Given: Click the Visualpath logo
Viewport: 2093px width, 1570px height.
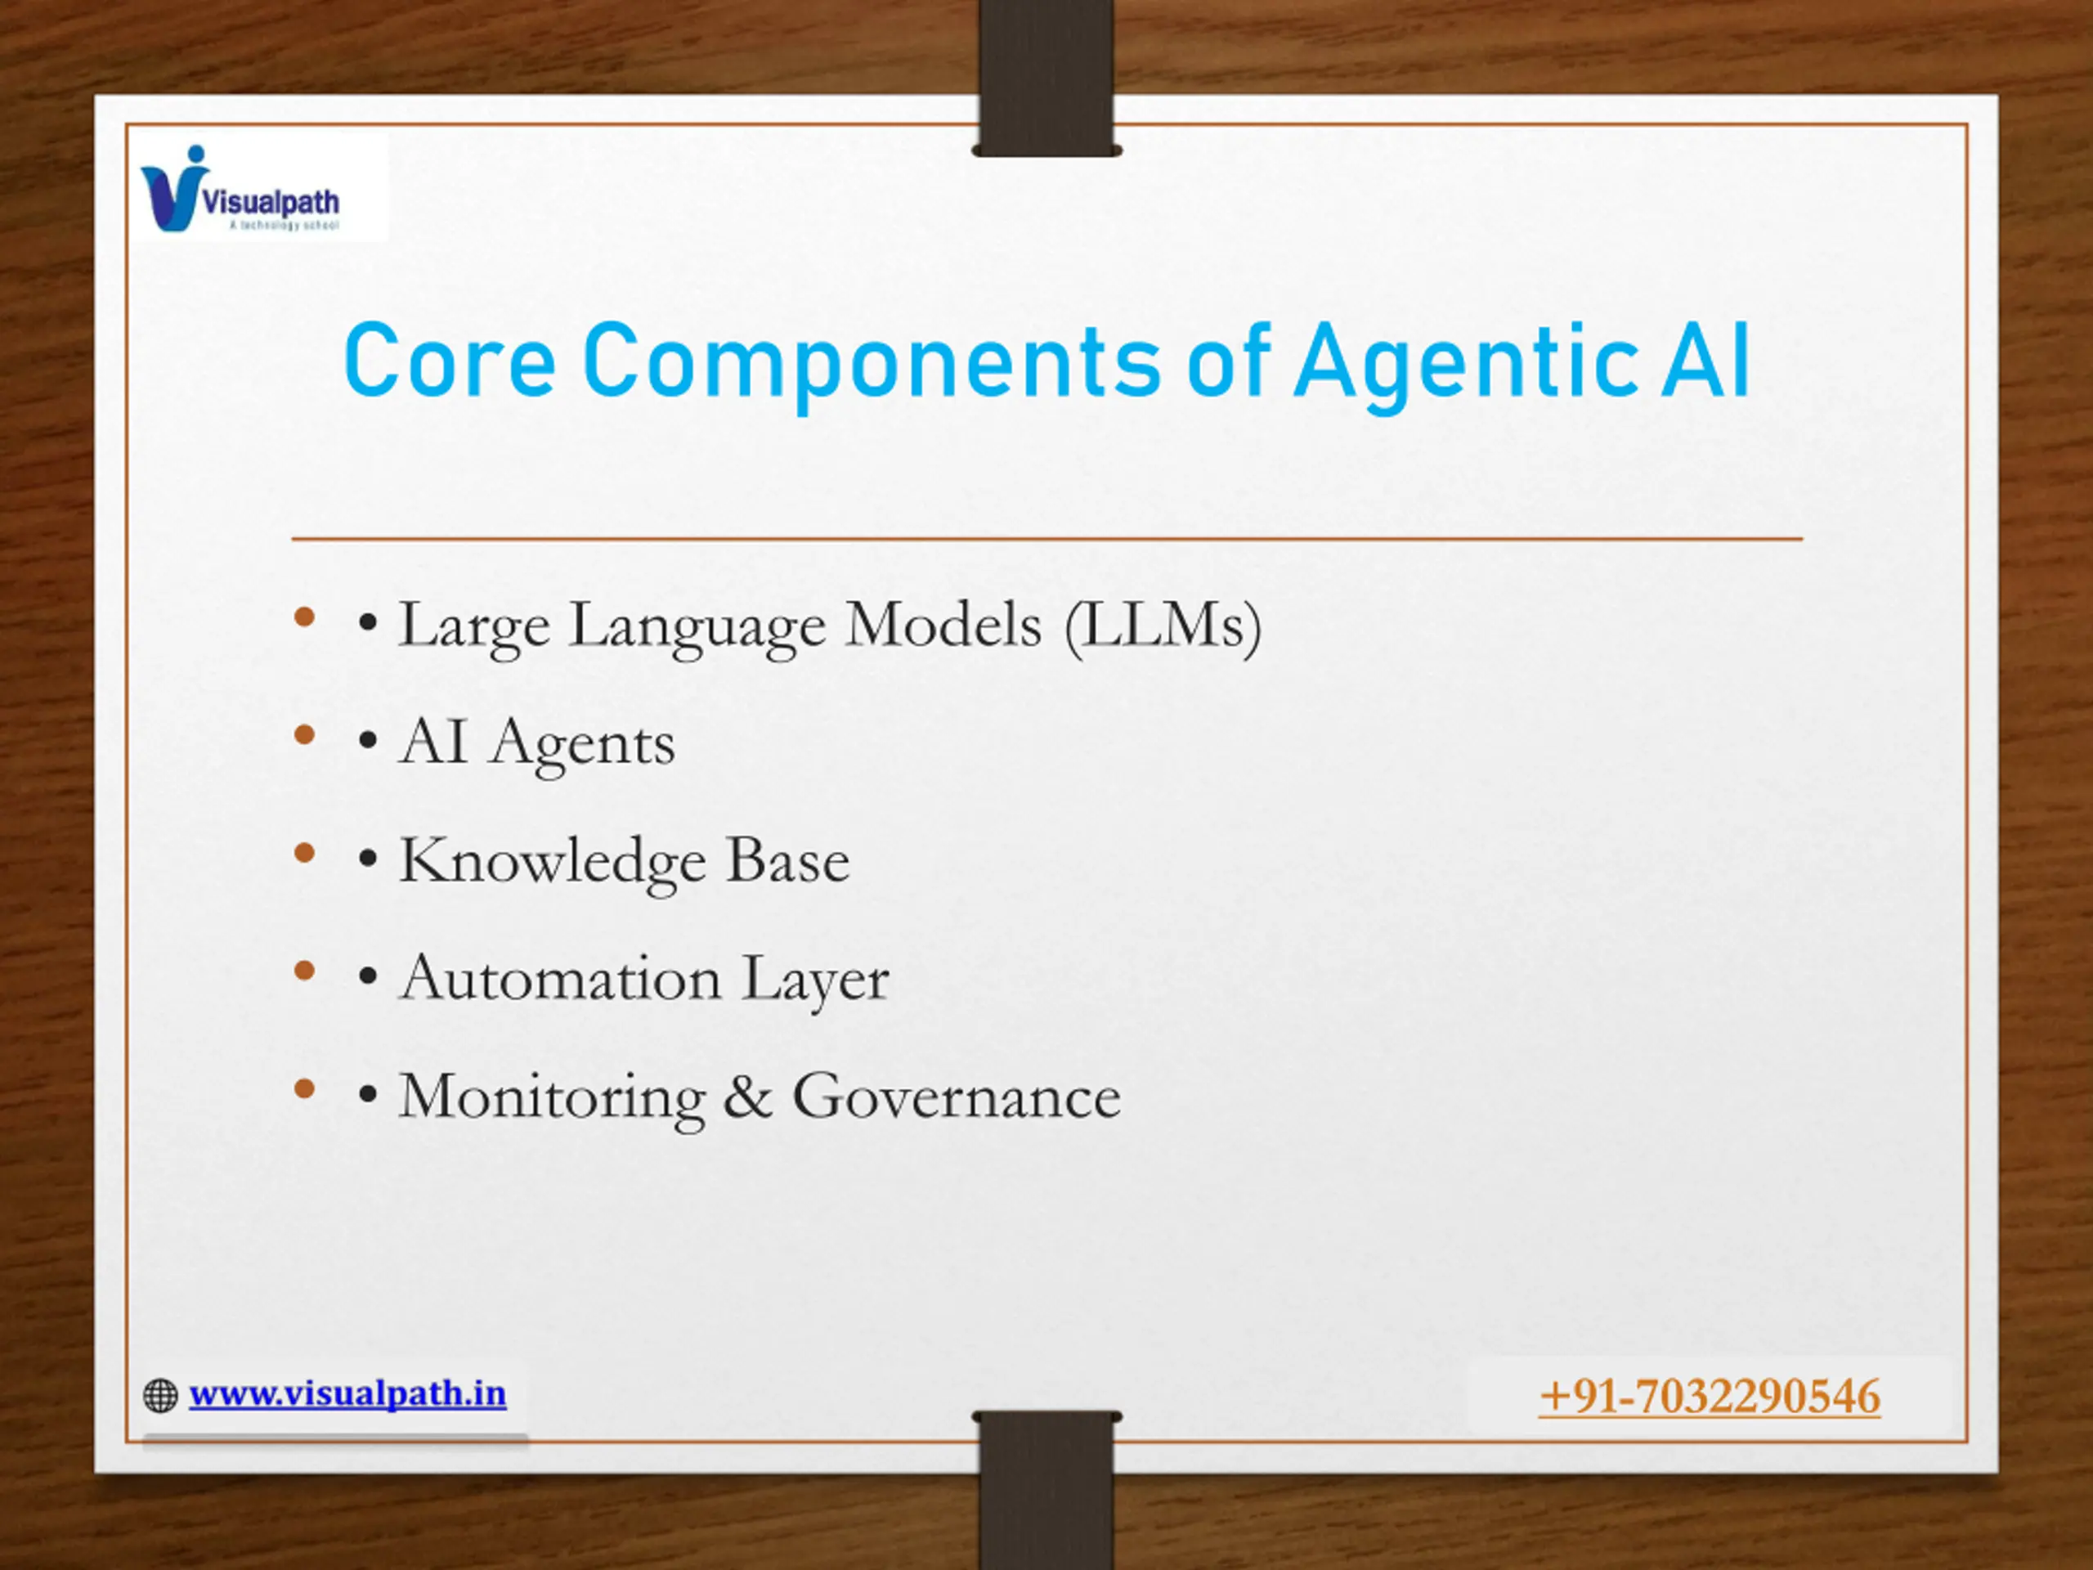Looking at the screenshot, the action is click(x=240, y=189).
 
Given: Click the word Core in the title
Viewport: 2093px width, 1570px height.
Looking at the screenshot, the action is click(x=450, y=361).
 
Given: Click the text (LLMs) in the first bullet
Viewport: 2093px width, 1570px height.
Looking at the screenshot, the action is click(x=1163, y=626).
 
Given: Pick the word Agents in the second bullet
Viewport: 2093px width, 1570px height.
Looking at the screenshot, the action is click(x=583, y=745).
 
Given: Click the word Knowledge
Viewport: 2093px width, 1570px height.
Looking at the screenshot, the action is click(x=552, y=861).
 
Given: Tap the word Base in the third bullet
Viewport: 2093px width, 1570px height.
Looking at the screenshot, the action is click(x=787, y=860).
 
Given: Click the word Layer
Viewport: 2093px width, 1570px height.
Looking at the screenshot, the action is click(x=814, y=980).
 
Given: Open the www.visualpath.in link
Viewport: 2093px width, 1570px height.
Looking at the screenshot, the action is click(x=347, y=1393).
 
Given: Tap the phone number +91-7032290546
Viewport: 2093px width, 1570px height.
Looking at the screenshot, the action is click(x=1710, y=1397).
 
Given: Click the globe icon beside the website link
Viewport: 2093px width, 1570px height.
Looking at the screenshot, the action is click(x=160, y=1395).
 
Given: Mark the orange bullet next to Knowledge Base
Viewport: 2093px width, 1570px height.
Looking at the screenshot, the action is click(x=304, y=854).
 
